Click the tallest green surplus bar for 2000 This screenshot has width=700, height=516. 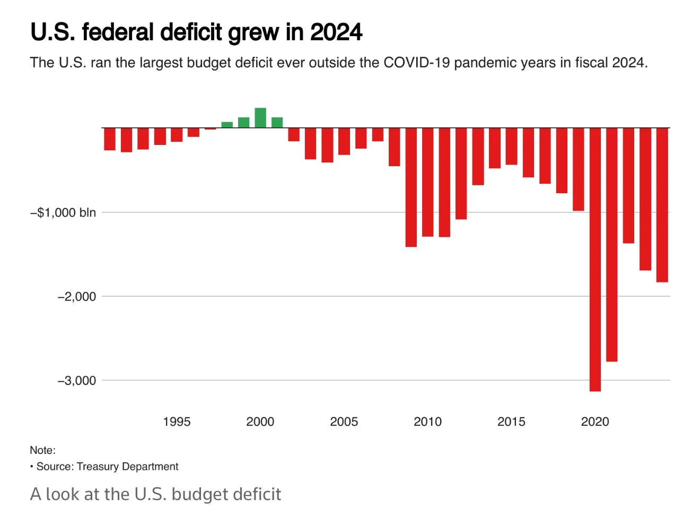pos(260,118)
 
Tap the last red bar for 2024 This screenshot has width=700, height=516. pos(662,204)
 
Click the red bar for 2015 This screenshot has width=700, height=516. pos(511,146)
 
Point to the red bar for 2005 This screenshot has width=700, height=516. pos(344,141)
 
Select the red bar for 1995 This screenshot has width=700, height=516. pos(177,134)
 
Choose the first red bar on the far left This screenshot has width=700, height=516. pos(110,139)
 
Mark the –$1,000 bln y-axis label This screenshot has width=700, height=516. pos(64,213)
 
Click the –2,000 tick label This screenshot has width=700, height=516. pos(77,297)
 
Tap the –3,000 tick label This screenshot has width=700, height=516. pos(77,381)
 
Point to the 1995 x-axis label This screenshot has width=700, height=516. pos(177,422)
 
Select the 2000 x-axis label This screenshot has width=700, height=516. pos(260,422)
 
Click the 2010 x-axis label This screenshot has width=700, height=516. pos(427,422)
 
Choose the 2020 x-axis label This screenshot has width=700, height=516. pos(595,422)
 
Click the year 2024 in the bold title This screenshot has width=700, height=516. pos(336,32)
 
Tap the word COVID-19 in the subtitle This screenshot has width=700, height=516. pos(416,63)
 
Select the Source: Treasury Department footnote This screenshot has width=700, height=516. pos(107,467)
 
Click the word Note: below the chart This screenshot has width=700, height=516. pos(42,450)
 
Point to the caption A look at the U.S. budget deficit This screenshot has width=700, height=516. pos(155,494)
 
